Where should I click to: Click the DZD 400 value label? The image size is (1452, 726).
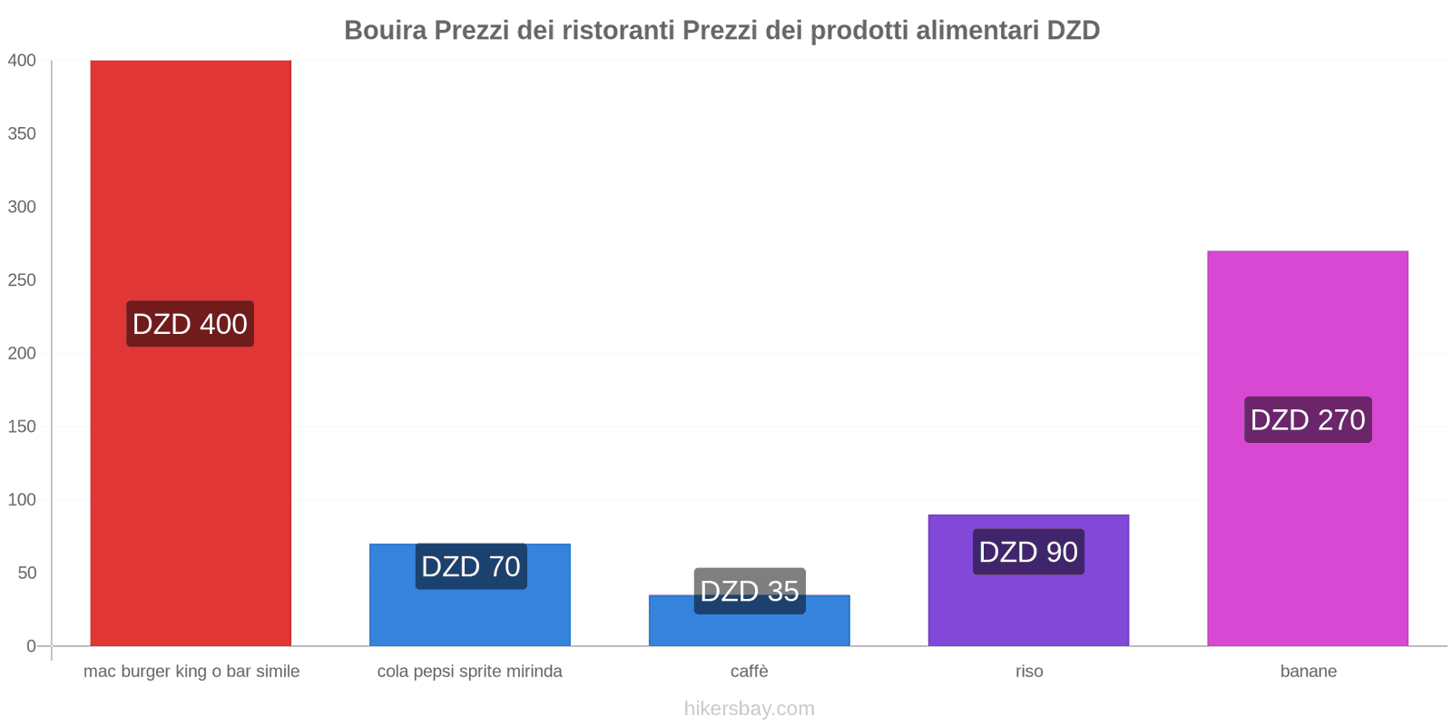190,324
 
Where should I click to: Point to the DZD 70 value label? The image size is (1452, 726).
471,566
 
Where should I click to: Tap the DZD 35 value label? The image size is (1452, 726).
750,591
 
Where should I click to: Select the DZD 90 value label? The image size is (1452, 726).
1028,552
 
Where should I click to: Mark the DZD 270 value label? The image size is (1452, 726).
1308,419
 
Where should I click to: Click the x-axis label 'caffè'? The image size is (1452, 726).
750,672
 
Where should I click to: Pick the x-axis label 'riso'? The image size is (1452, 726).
1029,672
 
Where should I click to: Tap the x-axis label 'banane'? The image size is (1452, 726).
1308,672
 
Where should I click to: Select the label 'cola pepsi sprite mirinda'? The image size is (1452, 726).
470,672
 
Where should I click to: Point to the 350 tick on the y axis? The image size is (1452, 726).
22,133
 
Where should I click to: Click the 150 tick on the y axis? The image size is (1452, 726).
22,427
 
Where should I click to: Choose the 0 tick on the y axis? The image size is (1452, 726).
31,646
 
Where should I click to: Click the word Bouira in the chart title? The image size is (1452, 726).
385,30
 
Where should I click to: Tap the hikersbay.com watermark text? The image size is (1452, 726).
750,709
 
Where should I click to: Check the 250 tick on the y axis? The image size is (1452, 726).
22,280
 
